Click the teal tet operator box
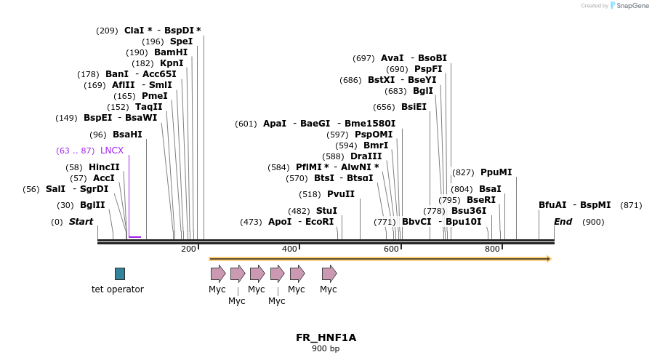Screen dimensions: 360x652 tap(120, 273)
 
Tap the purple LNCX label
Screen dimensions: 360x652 tap(112, 151)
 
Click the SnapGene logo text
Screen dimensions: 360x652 tap(629, 6)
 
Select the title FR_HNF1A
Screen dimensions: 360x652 tap(326, 337)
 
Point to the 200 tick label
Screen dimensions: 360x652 tap(188, 249)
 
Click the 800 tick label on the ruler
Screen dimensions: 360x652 tap(492, 249)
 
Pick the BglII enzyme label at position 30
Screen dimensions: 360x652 tap(92, 205)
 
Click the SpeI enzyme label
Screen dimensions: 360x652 tap(181, 41)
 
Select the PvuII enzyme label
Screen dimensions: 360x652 tap(341, 194)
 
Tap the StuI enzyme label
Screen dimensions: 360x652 tap(326, 211)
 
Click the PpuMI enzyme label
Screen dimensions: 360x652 tap(496, 172)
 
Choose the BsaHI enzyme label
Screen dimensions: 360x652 tap(127, 135)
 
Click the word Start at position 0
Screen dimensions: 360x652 tap(81, 221)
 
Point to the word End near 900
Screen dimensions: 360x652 tap(563, 221)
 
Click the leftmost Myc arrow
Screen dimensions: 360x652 tap(218, 273)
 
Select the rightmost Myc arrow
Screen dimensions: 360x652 tap(329, 273)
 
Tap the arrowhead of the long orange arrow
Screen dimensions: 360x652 tap(549, 258)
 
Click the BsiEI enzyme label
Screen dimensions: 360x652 tap(414, 107)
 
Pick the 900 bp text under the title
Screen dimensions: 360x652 tap(326, 349)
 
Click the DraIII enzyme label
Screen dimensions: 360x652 tap(366, 156)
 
